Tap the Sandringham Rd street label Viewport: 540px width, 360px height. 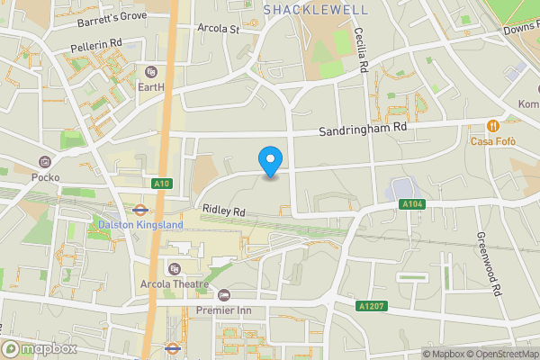coord(363,129)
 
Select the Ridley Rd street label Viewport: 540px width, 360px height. coord(224,210)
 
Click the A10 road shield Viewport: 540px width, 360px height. coord(162,184)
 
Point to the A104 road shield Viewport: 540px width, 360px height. coord(411,205)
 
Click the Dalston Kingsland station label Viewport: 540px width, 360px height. coord(139,224)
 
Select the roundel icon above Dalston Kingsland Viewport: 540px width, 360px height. coord(139,209)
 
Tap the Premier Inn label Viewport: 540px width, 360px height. coord(227,310)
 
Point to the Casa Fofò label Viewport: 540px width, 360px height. coord(492,141)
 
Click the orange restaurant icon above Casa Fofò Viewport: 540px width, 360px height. coord(492,126)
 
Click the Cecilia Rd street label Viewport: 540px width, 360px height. coord(364,49)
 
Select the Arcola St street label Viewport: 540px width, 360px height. coord(219,28)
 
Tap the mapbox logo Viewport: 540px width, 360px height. coord(40,348)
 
